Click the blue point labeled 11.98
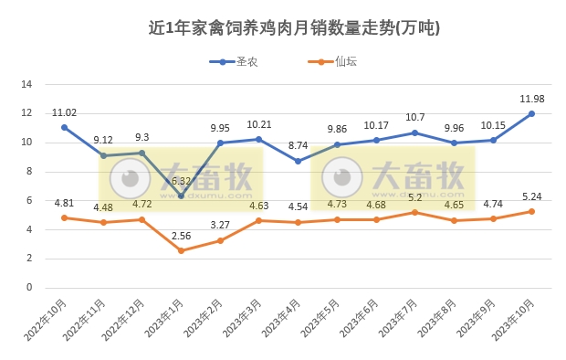pyautogui.click(x=531, y=114)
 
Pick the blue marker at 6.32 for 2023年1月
pyautogui.click(x=181, y=196)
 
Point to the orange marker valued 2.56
pyautogui.click(x=181, y=250)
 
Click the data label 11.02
pyautogui.click(x=64, y=113)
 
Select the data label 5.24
pyautogui.click(x=531, y=196)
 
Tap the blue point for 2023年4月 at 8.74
pyautogui.click(x=298, y=161)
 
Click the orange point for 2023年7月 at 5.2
pyautogui.click(x=414, y=212)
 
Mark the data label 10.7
pyautogui.click(x=414, y=117)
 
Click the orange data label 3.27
pyautogui.click(x=220, y=225)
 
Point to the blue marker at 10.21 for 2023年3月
pyautogui.click(x=259, y=139)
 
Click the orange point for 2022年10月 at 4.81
pyautogui.click(x=64, y=217)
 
